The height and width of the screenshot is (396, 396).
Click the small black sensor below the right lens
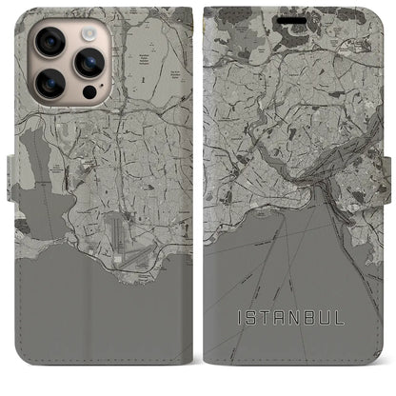(88, 95)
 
